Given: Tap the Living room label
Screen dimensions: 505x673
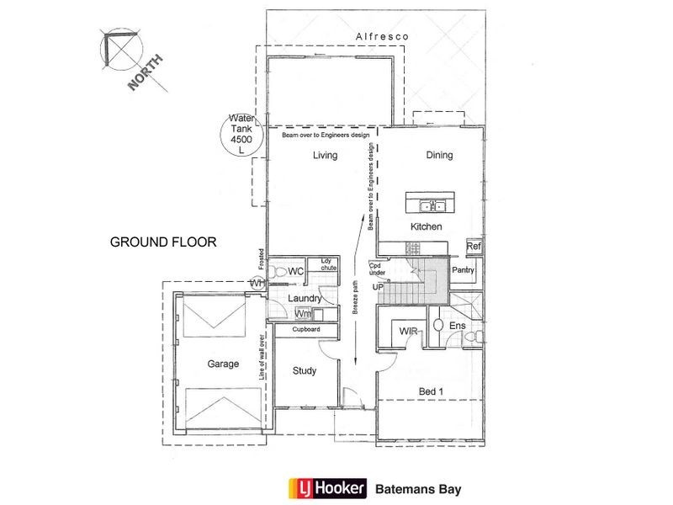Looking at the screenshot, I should [x=324, y=156].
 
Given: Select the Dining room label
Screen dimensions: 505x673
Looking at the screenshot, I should [x=439, y=156].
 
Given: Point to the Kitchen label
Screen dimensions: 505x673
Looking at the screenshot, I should [x=426, y=227].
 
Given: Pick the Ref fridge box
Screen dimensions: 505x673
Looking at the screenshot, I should [x=474, y=247].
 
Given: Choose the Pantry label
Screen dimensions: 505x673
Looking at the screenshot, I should [x=464, y=270].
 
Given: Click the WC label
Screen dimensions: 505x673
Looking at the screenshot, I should [x=295, y=272].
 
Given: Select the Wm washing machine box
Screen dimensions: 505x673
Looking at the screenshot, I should [x=302, y=314].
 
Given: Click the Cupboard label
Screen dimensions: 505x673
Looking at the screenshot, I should [x=305, y=329].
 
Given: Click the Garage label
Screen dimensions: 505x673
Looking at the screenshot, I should [x=224, y=364].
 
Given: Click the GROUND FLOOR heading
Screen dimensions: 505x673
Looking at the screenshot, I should [x=164, y=242].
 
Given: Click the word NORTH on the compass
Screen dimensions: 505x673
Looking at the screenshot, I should [x=145, y=73].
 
